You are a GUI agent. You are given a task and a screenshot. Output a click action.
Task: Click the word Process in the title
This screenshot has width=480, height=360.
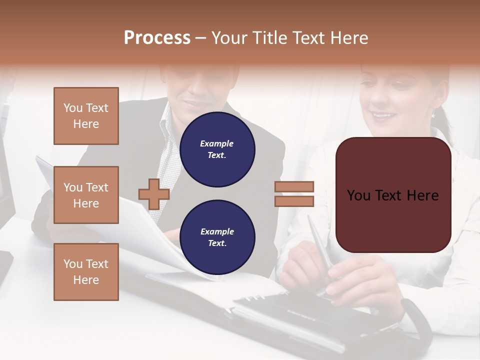(x=157, y=38)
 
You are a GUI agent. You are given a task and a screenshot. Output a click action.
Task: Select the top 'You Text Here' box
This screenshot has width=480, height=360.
(x=86, y=116)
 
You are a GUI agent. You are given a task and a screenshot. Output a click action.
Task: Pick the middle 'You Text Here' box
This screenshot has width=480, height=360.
(x=86, y=195)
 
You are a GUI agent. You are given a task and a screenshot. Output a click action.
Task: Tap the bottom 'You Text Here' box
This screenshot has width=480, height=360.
(x=86, y=272)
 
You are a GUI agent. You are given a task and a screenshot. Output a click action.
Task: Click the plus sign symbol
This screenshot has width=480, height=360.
(x=153, y=194)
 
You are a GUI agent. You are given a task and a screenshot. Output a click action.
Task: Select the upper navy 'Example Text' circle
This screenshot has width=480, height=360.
(x=217, y=149)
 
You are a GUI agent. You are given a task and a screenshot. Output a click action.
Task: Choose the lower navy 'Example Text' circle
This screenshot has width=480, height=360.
(x=217, y=237)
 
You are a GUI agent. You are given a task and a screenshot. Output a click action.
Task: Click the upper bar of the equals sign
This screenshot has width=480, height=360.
(x=294, y=186)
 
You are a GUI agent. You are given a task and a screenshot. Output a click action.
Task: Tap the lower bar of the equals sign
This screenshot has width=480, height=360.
(x=294, y=201)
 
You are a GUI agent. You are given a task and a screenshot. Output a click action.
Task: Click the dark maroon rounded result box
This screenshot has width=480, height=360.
(x=393, y=194)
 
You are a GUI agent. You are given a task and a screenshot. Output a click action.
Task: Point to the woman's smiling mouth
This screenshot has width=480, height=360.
(x=383, y=116)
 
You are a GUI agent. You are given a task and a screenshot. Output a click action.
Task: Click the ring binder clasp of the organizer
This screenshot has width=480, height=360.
(x=250, y=299)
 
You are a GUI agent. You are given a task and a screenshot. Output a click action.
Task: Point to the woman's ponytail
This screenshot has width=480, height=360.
(x=442, y=125)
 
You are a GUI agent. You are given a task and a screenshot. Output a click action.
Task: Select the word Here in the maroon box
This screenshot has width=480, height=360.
(x=422, y=195)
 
